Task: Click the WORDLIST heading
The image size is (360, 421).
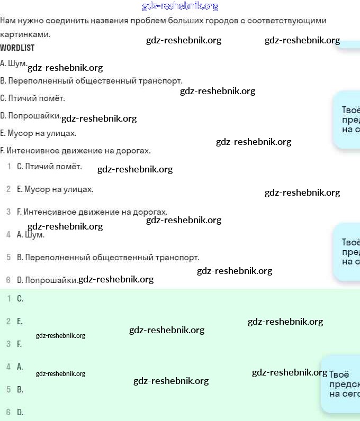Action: tap(17, 48)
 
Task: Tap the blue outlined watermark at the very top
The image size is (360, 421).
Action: tap(180, 6)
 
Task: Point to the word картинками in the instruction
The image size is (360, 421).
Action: tap(24, 34)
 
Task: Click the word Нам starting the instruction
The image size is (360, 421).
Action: tap(7, 21)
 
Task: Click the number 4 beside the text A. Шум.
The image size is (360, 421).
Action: tap(8, 234)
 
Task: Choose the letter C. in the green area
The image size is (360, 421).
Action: tap(20, 298)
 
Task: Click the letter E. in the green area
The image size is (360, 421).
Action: tap(20, 321)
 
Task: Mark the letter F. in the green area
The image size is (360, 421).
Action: tap(20, 344)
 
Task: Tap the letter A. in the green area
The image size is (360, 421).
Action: tap(20, 367)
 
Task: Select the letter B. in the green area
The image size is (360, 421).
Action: tap(20, 389)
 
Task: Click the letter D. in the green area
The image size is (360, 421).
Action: tap(20, 412)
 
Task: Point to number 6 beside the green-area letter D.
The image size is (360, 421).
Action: tap(8, 412)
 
